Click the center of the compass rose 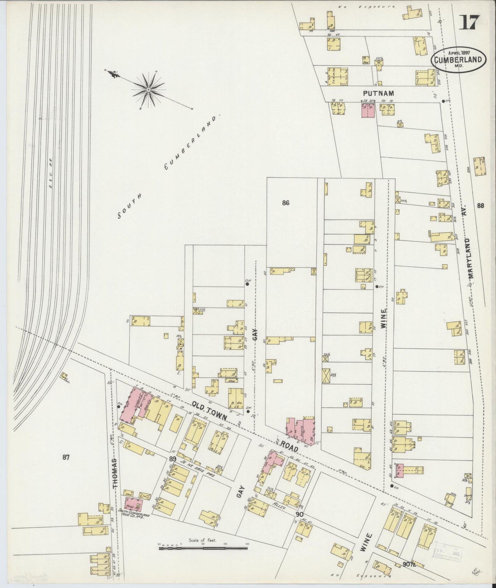point(149,90)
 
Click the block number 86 point(286,203)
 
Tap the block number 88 point(480,205)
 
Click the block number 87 point(67,457)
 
